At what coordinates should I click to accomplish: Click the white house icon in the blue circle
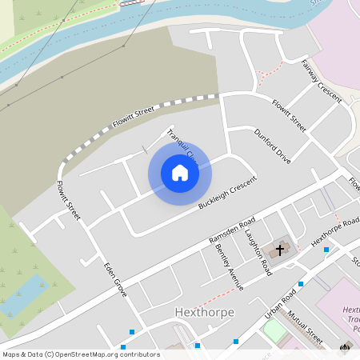click(180, 173)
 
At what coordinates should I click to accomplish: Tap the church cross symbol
click(280, 250)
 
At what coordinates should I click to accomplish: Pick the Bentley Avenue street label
click(230, 262)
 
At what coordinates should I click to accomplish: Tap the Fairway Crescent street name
click(322, 79)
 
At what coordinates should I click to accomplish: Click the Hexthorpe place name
click(198, 310)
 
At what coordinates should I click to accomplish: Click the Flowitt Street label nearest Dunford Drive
click(289, 115)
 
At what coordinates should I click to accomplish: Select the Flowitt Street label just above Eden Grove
click(69, 201)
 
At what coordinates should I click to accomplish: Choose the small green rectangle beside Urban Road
click(274, 330)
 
